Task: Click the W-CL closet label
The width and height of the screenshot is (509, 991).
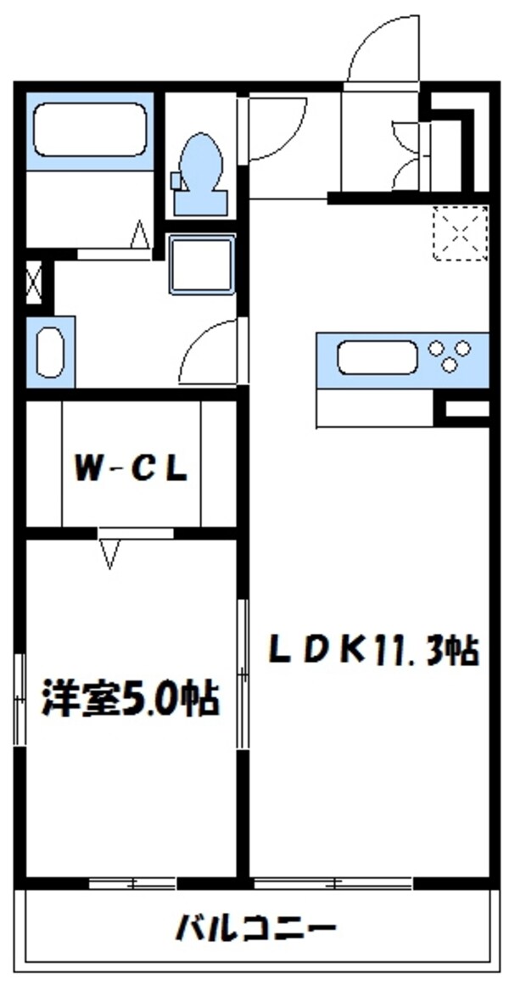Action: click(x=131, y=469)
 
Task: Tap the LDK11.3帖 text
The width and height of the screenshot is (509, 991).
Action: click(x=374, y=652)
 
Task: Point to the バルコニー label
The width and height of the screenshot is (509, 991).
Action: click(x=255, y=927)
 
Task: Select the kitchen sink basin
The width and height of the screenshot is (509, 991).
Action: click(x=377, y=357)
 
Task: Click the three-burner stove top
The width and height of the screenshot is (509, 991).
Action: click(x=449, y=356)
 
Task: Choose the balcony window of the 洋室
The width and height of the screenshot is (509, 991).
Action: click(x=132, y=884)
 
